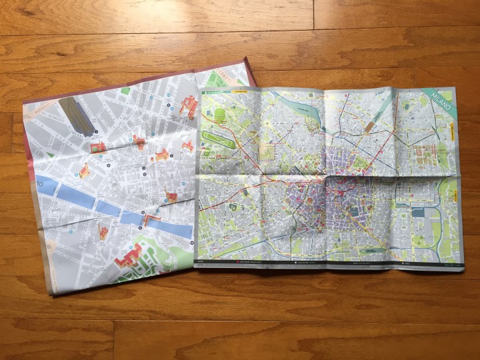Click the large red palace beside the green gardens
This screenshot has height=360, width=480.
pos(131,255)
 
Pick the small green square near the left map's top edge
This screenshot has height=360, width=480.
pos(125,91)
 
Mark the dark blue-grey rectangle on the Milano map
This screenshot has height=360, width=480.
pos(418,212)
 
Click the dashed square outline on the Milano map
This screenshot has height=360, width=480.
pos(267,152)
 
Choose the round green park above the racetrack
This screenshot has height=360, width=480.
pos(220,115)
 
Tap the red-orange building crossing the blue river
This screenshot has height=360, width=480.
pos(151,217)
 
